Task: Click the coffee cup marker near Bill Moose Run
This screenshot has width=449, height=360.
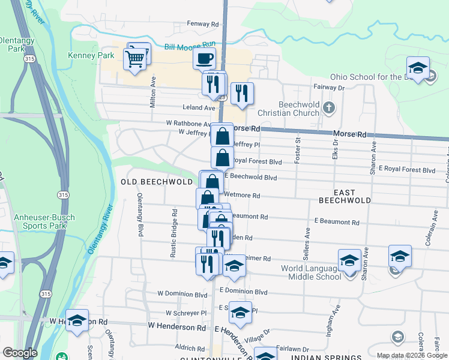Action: [204, 59]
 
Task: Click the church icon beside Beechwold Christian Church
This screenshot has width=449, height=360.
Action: [328, 108]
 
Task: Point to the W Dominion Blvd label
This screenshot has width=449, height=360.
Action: [182, 295]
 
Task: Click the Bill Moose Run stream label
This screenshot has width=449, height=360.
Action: [190, 46]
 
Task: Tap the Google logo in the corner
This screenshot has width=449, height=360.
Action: [20, 352]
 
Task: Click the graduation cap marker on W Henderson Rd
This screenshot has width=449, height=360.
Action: [77, 320]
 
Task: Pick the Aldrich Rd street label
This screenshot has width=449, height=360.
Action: [190, 348]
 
